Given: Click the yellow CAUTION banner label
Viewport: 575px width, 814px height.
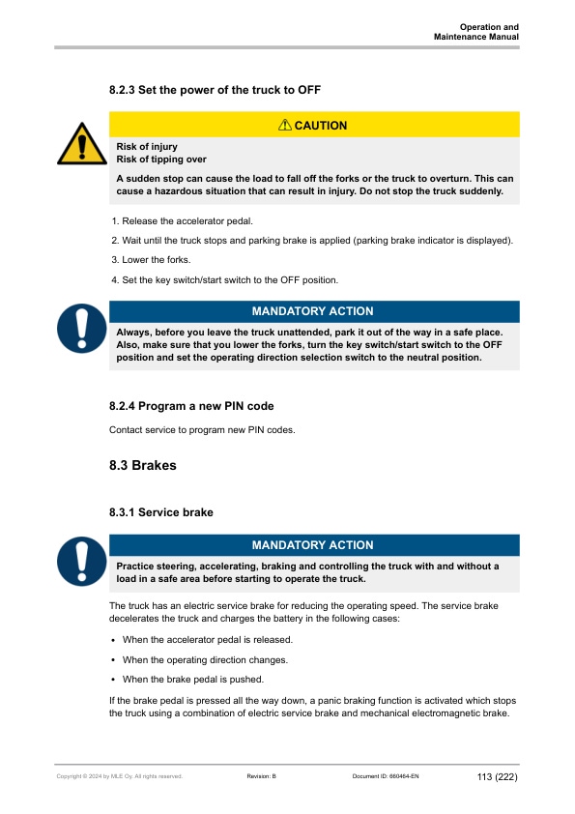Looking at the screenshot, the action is [314, 125].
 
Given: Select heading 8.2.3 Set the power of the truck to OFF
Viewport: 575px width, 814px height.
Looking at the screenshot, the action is [215, 90].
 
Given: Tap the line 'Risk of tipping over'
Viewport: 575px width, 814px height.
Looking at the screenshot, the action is [160, 160].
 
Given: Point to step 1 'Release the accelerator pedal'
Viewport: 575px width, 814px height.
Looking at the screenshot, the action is [183, 221].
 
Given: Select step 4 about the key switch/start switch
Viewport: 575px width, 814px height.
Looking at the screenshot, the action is [225, 279].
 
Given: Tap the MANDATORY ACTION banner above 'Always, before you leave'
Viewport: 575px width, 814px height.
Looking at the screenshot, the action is [314, 311].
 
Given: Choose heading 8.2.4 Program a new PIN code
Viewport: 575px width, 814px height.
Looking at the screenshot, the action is [198, 406].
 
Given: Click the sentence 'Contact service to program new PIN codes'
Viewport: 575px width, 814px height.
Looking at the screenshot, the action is [202, 429].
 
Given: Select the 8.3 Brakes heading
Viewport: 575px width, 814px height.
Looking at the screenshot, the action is [143, 466].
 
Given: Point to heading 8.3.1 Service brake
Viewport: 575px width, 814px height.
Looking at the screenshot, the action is [161, 511].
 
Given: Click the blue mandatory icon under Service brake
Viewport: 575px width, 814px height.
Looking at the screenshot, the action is [81, 562].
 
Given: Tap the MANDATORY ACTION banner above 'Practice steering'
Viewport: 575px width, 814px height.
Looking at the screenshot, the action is [314, 545].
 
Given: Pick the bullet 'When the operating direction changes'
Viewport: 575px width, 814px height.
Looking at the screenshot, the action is [205, 659].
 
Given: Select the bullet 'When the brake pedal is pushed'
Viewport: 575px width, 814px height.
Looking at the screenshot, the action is [193, 679].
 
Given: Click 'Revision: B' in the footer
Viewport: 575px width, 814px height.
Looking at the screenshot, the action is [262, 775].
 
